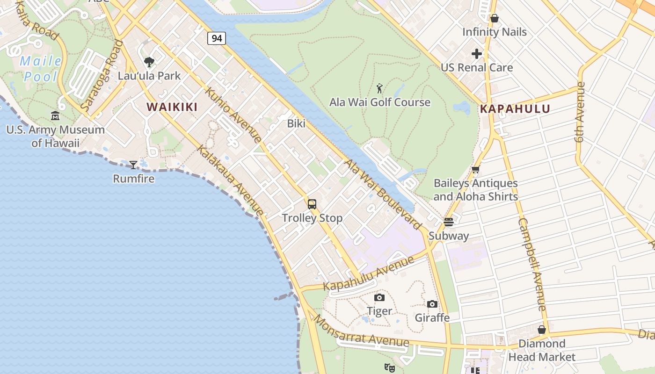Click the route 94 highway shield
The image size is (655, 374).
(217, 38)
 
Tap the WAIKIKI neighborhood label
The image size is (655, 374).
(172, 107)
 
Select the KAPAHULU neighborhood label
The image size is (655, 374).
(515, 109)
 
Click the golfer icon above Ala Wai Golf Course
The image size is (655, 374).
(379, 88)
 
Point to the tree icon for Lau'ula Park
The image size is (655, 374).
(149, 62)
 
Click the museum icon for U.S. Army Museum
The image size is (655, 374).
(55, 115)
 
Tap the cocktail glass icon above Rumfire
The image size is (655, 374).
(133, 165)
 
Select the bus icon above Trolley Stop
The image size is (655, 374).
(312, 204)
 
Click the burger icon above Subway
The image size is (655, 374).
(449, 222)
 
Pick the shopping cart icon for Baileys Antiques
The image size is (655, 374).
(476, 170)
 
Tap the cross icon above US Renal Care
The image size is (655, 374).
(477, 54)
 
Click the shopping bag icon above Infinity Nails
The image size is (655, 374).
(495, 18)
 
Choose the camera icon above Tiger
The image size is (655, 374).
(379, 297)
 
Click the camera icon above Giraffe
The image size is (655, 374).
(432, 304)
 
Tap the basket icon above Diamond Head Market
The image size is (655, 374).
(542, 330)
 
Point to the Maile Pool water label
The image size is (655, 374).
(41, 69)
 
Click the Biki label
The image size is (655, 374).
(296, 123)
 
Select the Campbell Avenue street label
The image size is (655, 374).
(532, 264)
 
